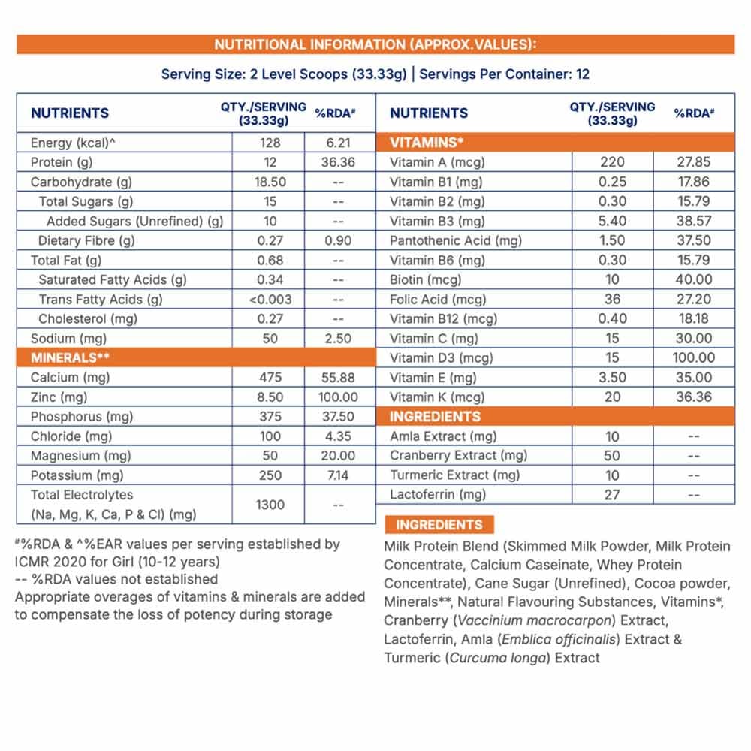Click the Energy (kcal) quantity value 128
[x=270, y=143]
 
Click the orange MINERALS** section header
[x=67, y=357]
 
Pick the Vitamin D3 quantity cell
[x=613, y=357]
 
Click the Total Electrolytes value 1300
[x=270, y=505]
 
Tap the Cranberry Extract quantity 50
[x=613, y=455]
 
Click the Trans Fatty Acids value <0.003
[x=270, y=299]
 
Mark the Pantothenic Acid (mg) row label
[x=456, y=240]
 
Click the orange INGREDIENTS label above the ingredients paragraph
[x=439, y=525]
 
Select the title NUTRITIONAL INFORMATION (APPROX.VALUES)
[x=375, y=44]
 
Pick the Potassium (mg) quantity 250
[x=270, y=475]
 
